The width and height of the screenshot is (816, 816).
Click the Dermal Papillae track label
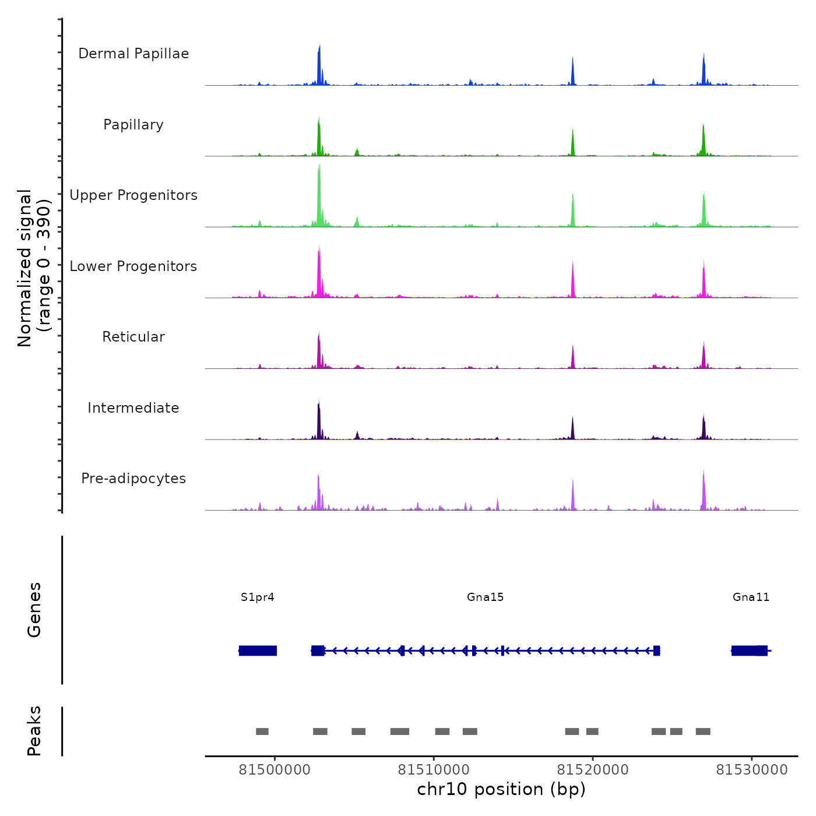(133, 54)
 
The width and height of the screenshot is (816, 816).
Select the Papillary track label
(133, 125)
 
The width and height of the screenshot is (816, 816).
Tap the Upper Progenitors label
(133, 195)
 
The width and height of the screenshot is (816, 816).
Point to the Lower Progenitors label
(133, 266)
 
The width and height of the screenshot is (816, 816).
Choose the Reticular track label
(133, 337)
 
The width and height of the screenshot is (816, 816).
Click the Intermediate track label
(133, 408)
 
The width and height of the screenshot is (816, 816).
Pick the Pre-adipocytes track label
(133, 479)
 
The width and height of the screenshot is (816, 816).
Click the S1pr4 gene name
(257, 597)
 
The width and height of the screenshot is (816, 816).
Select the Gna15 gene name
(485, 597)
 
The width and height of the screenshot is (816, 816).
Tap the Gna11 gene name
(751, 597)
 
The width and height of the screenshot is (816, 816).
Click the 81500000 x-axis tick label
(275, 770)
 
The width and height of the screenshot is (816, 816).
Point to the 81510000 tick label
(434, 770)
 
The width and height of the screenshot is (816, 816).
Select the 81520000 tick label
(593, 770)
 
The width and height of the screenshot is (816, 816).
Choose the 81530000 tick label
(752, 770)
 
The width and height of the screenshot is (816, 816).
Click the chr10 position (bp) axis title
(501, 789)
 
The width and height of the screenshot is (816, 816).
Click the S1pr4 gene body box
(258, 650)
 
